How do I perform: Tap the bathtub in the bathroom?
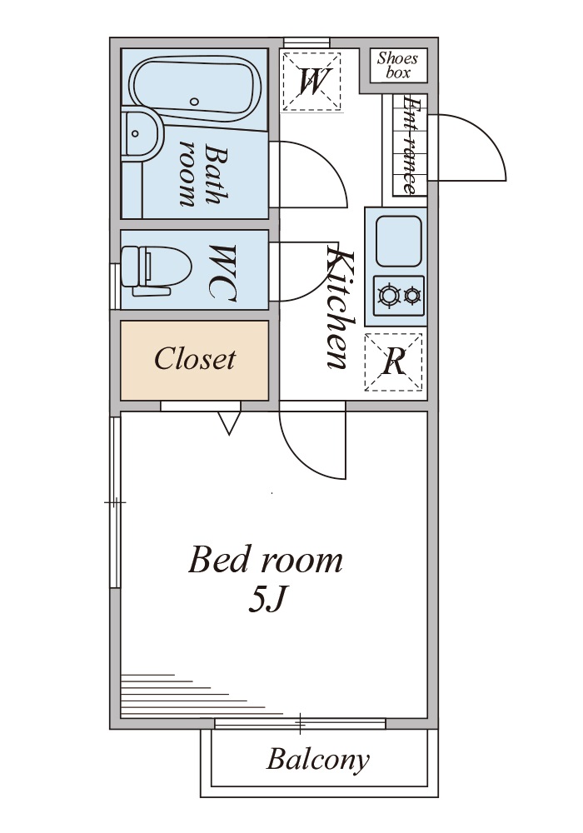195,87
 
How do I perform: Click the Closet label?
195,359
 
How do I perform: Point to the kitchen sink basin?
398,241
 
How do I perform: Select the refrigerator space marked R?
394,362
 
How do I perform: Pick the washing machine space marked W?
311,80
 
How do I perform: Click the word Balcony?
317,760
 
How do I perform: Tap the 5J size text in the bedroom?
267,600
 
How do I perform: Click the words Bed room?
265,560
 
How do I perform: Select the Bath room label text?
200,175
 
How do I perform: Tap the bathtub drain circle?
194,102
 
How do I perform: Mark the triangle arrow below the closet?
229,422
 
